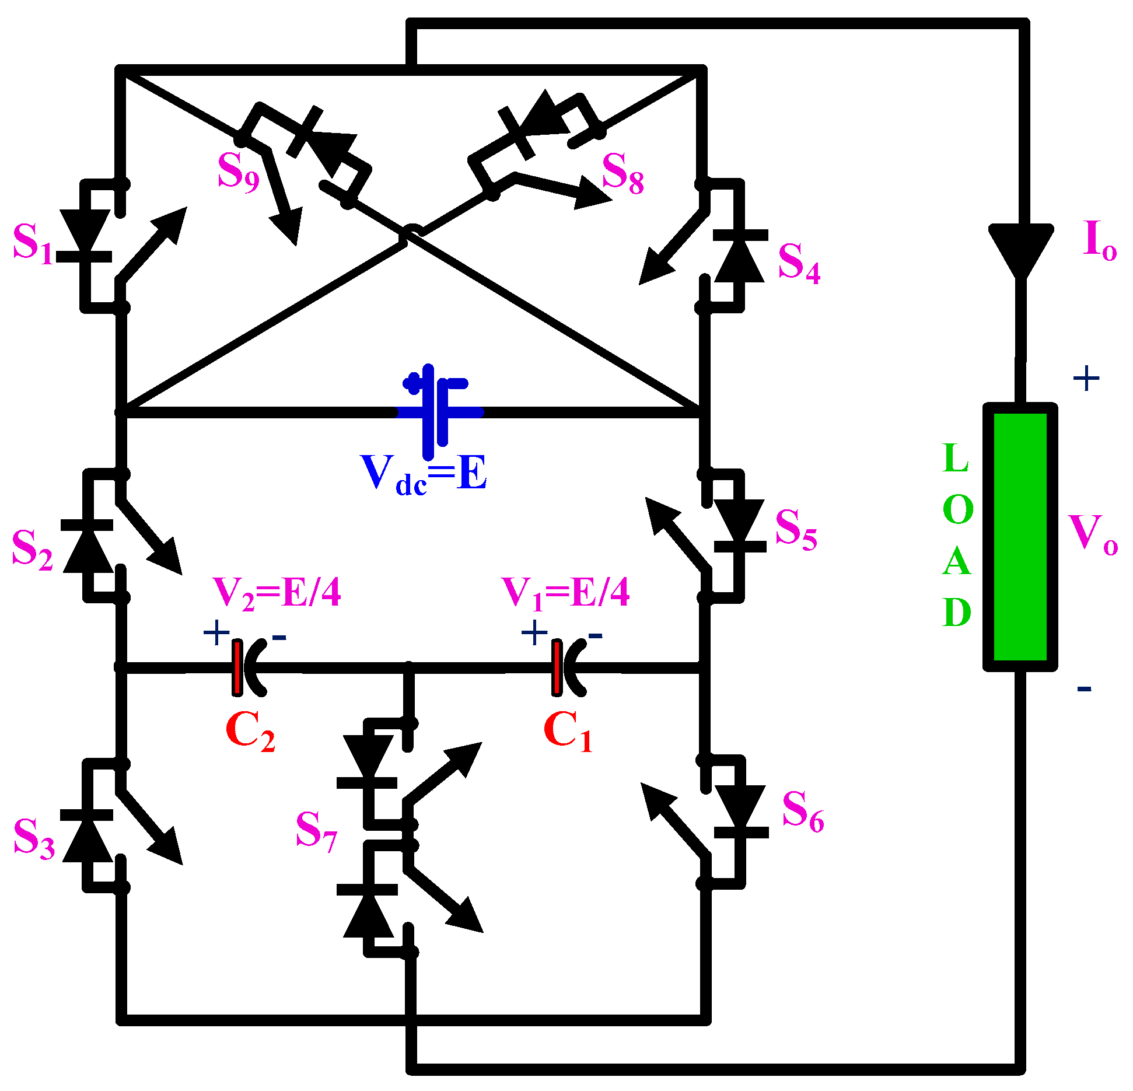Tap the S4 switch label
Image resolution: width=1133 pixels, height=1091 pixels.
pyautogui.click(x=799, y=263)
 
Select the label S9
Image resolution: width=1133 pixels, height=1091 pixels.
pyautogui.click(x=238, y=172)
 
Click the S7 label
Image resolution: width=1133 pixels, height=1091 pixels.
pyautogui.click(x=316, y=831)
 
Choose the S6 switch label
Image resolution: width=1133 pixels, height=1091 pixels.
pyautogui.click(x=802, y=811)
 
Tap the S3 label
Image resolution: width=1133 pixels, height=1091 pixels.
pyautogui.click(x=34, y=838)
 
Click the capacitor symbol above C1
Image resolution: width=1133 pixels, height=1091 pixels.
pyautogui.click(x=566, y=668)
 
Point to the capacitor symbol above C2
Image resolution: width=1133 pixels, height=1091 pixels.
pyautogui.click(x=247, y=668)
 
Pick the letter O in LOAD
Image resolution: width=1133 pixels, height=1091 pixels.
pyautogui.click(x=957, y=509)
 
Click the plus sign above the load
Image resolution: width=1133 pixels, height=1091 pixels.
pyautogui.click(x=1086, y=379)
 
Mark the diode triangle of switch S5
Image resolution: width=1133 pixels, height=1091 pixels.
pyautogui.click(x=739, y=520)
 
